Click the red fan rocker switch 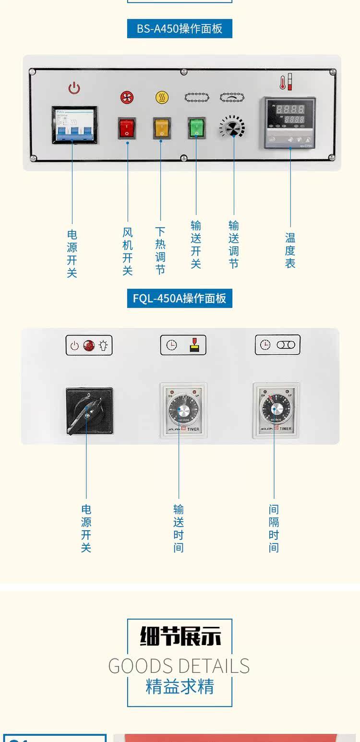point(127,128)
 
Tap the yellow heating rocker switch point(162,128)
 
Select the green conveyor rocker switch point(196,128)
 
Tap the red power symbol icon point(74,88)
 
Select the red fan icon point(127,97)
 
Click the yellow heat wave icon point(162,97)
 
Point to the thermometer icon point(286,82)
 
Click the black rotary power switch point(89,411)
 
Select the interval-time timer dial point(276,409)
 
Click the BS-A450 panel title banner point(180,29)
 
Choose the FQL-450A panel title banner point(180,299)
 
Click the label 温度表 point(290,250)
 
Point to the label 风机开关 point(127,251)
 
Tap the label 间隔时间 point(274,528)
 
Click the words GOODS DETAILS point(179,666)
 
